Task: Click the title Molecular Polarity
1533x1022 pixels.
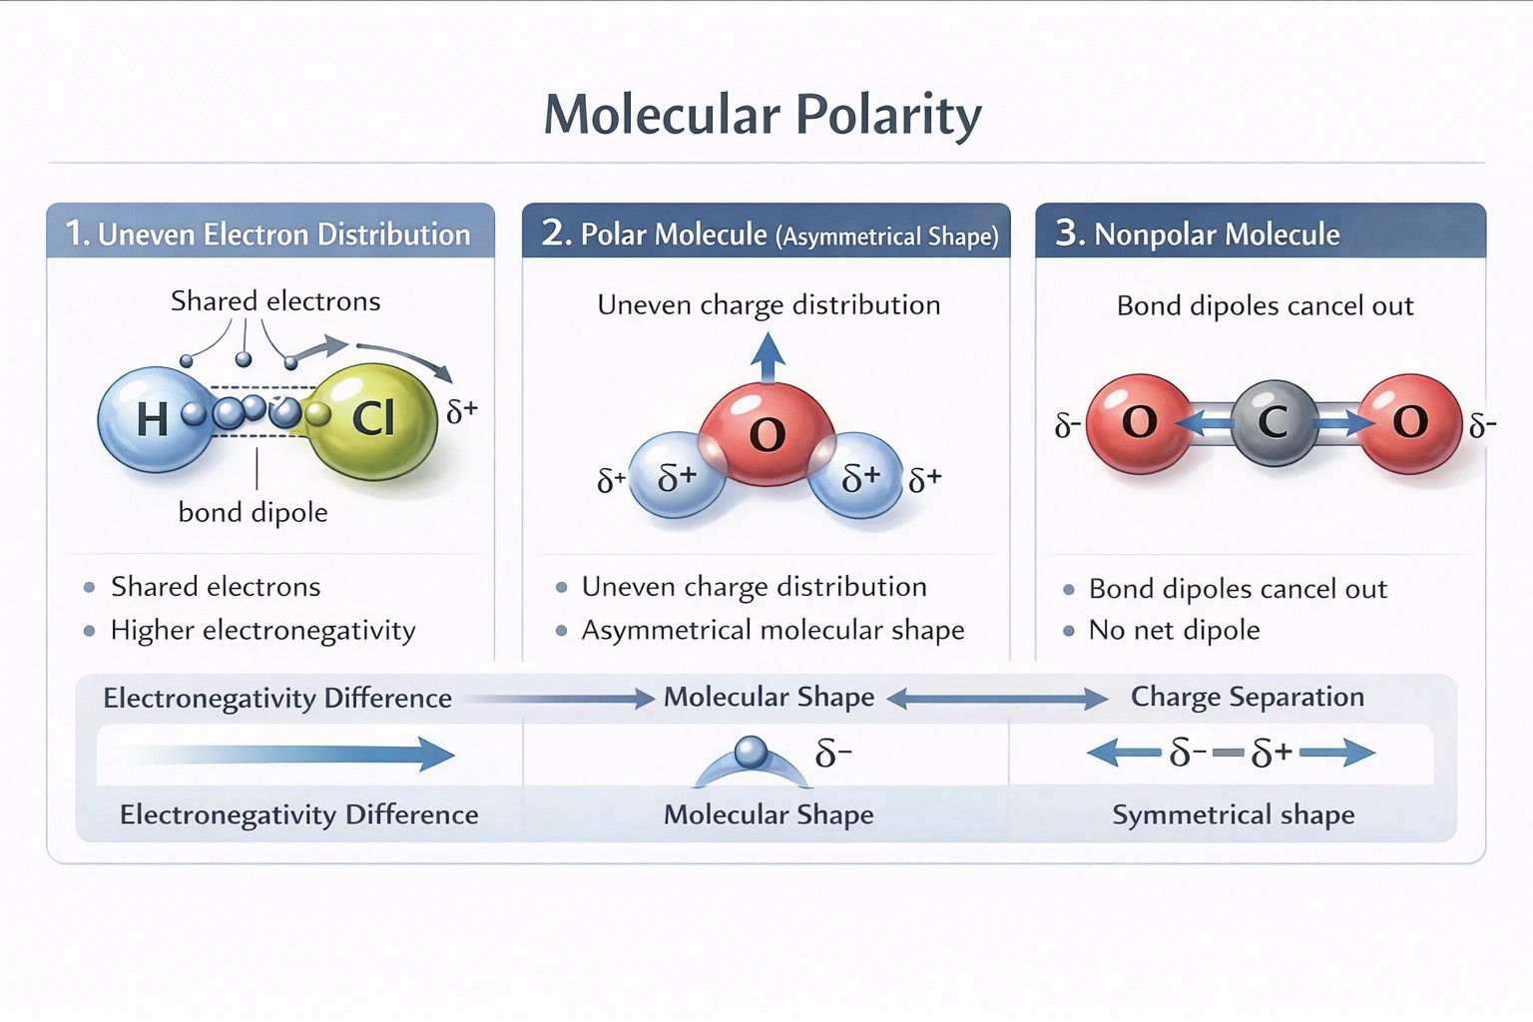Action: (763, 114)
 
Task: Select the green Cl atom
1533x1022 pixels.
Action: (373, 419)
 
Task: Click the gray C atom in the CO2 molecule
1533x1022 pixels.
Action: (1273, 422)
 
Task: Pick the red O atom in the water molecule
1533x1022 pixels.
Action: (766, 432)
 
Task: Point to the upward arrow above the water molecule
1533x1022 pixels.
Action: (767, 357)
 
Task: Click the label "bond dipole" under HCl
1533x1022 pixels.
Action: (253, 512)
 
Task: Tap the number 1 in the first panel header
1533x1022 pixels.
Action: (77, 234)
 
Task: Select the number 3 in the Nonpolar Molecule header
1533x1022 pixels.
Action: (1069, 233)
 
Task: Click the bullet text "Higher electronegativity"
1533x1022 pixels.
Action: (262, 630)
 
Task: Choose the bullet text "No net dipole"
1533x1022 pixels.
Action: (1174, 630)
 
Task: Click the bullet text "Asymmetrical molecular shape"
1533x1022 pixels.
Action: (772, 630)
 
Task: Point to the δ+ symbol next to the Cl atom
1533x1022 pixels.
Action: (462, 410)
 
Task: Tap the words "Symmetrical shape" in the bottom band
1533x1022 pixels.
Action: (1233, 814)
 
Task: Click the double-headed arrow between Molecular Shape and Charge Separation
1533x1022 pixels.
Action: (997, 699)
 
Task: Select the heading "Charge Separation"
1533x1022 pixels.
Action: (1247, 697)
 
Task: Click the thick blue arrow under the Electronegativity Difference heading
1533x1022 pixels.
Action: (289, 754)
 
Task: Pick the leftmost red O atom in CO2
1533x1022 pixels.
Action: (1139, 422)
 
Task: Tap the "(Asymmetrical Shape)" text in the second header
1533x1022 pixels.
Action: (887, 236)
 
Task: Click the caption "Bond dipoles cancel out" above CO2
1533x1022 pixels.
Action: (1265, 305)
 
